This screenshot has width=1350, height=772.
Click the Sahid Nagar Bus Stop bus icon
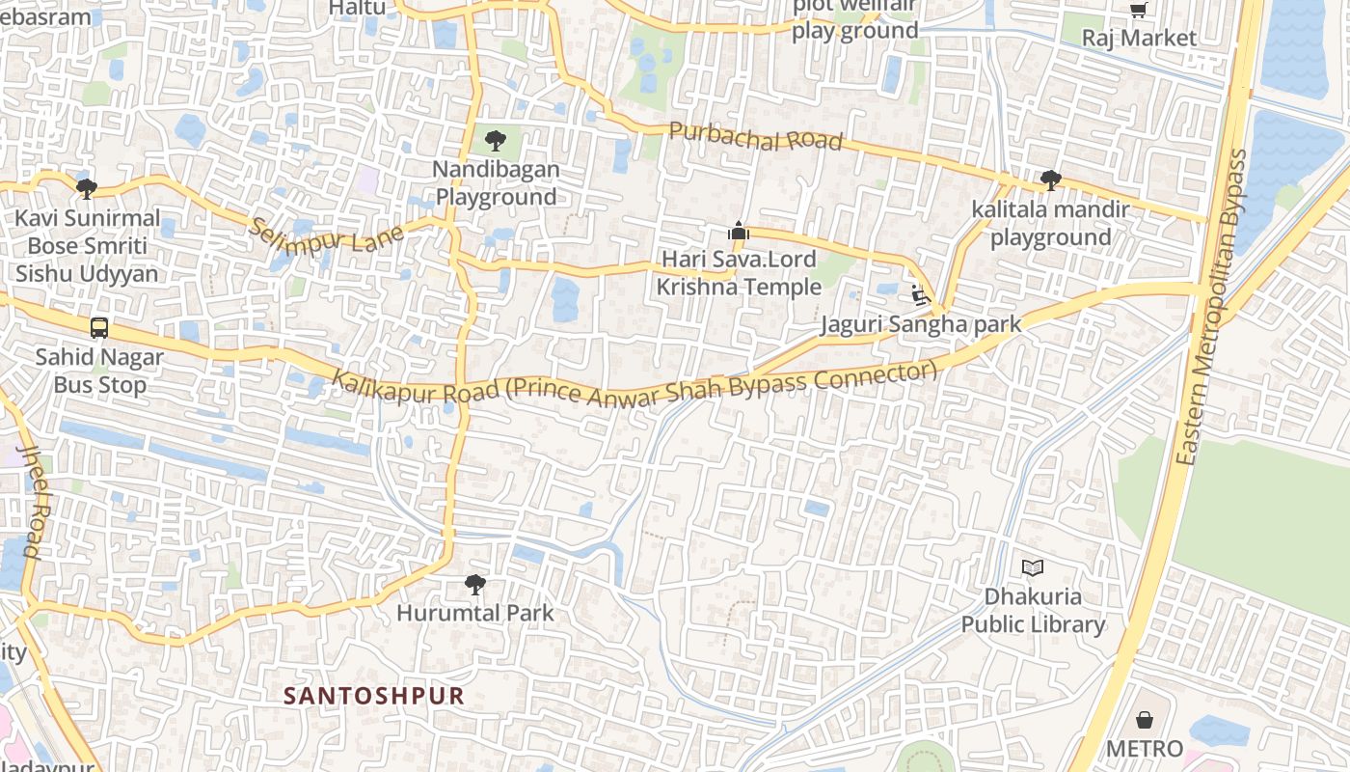(99, 328)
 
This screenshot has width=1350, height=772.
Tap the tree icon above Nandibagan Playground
(496, 141)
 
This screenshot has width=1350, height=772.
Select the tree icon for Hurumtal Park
(474, 584)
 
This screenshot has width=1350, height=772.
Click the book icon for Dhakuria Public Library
(1033, 567)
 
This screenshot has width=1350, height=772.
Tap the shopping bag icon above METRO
(1144, 720)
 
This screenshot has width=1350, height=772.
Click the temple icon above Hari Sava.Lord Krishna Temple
(739, 231)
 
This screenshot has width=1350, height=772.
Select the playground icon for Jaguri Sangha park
(919, 295)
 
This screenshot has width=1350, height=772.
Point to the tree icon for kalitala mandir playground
(1051, 180)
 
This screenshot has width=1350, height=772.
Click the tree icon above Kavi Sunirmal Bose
(87, 188)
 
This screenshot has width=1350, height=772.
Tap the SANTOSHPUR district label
(374, 696)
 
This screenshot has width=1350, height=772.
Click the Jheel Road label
(31, 502)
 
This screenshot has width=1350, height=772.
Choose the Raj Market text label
(1139, 39)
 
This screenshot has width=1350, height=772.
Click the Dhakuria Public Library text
(1033, 611)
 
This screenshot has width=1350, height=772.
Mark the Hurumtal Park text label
(475, 613)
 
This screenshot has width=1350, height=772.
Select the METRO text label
(1144, 749)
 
